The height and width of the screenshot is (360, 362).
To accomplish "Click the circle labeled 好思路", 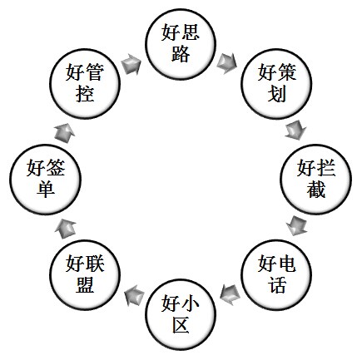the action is click(x=181, y=45).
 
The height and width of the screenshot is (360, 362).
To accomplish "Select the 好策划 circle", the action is click(x=276, y=84).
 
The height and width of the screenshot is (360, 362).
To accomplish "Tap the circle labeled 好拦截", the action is click(x=316, y=180).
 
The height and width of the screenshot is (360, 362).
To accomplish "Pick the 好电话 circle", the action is click(x=276, y=274).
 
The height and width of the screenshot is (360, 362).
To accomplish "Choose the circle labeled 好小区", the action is click(x=181, y=314).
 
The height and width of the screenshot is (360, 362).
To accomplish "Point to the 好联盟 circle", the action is click(x=85, y=274).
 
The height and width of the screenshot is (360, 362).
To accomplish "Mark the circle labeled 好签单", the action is click(x=46, y=180).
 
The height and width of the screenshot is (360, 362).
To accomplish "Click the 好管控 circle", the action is click(x=85, y=84).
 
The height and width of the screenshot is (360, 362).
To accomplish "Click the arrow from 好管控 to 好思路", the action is click(x=131, y=64).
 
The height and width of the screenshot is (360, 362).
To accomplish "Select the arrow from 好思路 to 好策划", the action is click(x=227, y=63).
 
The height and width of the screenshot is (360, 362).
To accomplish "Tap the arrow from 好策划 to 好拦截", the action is click(x=296, y=130).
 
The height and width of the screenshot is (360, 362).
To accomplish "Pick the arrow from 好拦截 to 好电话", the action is click(x=296, y=226).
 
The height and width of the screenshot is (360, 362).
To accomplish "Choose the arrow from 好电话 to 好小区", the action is click(x=230, y=294).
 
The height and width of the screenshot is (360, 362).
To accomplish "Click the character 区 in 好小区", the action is click(x=181, y=324).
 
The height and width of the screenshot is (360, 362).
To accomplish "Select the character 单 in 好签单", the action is click(x=46, y=189).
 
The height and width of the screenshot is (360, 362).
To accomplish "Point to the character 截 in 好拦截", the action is click(x=316, y=189).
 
